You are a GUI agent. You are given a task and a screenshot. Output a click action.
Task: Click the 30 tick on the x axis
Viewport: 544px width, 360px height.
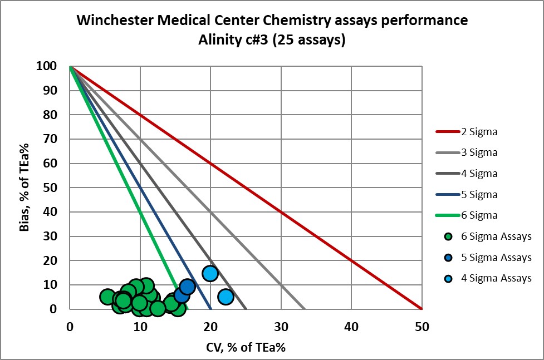click(281, 327)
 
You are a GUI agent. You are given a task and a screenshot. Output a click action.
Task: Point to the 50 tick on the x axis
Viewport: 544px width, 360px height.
click(422, 327)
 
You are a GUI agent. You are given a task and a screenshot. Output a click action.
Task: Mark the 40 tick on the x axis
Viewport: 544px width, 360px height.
click(351, 327)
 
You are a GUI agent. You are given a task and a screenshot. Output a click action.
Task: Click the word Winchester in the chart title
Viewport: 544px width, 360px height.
click(115, 21)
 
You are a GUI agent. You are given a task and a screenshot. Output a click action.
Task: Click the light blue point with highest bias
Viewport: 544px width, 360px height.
click(210, 273)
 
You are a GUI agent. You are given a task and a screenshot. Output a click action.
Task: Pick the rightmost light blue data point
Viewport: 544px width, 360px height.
click(226, 297)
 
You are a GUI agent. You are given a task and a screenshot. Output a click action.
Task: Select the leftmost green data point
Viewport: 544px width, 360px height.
click(108, 297)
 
